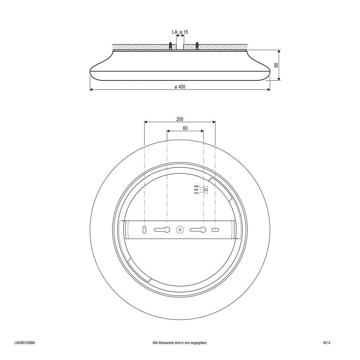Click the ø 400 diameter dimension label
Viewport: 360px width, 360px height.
180,86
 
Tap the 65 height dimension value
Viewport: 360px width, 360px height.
276,65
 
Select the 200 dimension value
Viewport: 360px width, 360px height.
180,119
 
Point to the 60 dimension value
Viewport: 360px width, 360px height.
185,128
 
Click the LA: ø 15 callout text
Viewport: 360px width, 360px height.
180,32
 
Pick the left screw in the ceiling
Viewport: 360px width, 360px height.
171,46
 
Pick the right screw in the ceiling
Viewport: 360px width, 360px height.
197,46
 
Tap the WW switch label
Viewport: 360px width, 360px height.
196,186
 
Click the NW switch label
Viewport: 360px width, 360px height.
196,189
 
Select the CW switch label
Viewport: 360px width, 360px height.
196,193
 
